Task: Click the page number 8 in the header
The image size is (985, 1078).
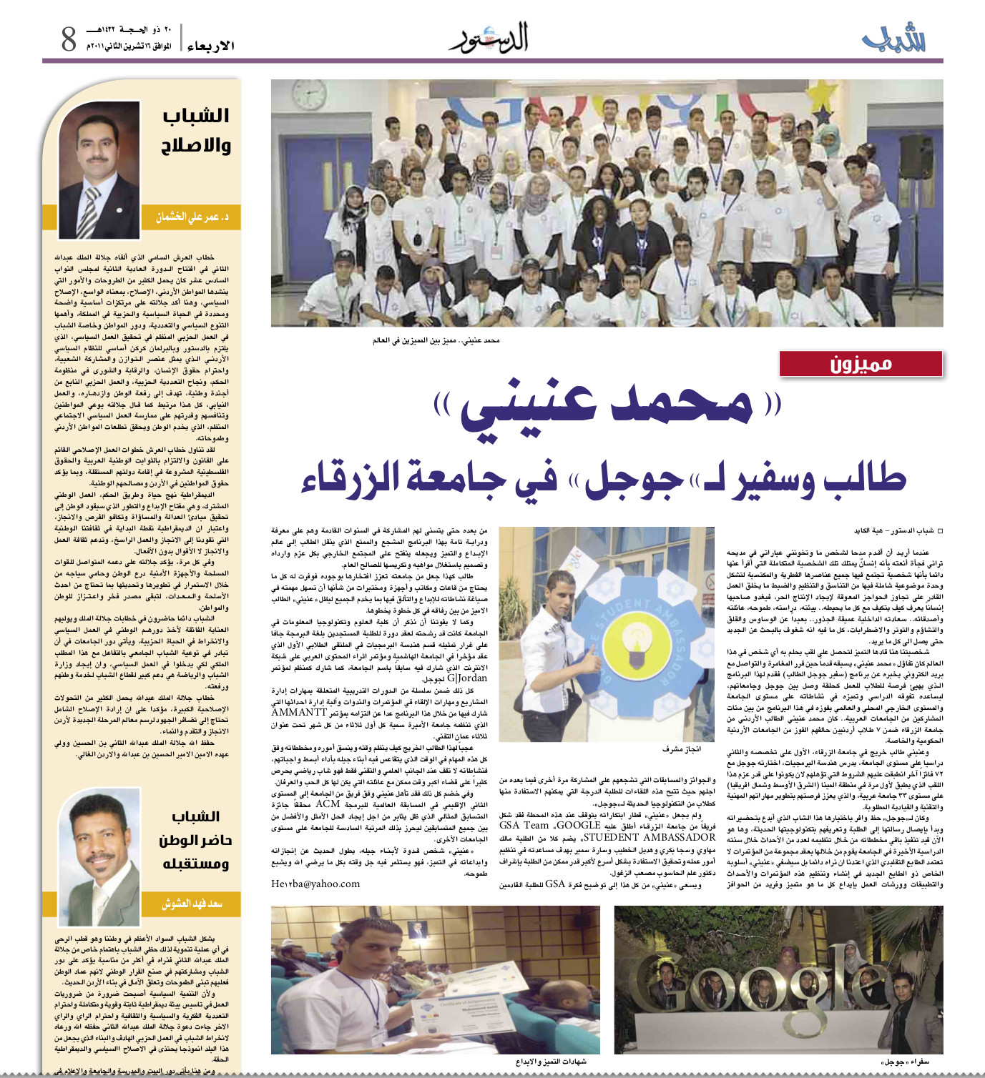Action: click(69, 38)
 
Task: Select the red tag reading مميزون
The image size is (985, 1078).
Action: click(861, 364)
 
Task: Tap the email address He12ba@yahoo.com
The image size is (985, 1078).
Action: click(315, 884)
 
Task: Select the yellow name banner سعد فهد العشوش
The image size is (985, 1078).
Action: click(192, 904)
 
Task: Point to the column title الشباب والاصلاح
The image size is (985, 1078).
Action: click(195, 130)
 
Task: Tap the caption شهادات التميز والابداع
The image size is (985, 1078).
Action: click(551, 1062)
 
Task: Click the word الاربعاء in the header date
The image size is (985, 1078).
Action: click(210, 46)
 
